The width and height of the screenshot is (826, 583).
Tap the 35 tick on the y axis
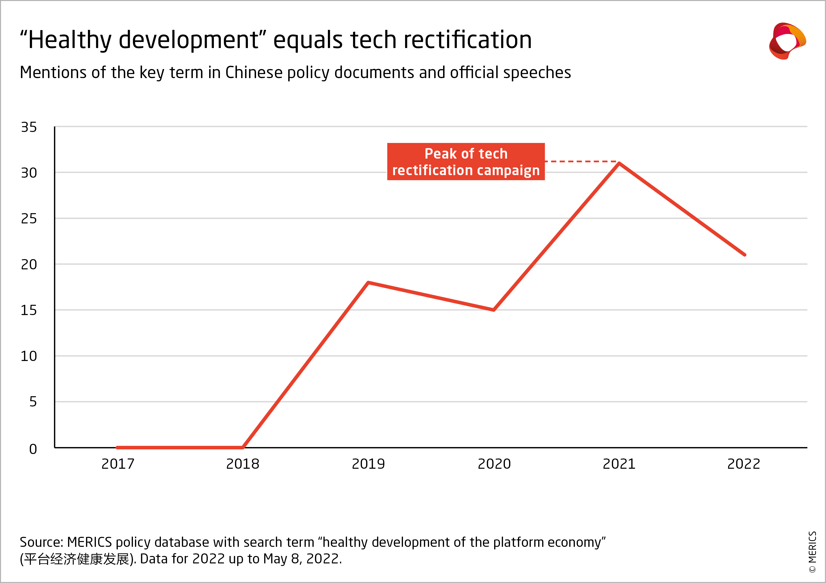29,127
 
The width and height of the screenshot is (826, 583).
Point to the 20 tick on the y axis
29,265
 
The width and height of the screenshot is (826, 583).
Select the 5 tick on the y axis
33,402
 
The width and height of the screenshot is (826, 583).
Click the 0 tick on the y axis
33,449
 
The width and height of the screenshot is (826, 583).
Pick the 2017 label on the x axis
118,464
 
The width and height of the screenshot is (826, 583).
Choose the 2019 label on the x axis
368,464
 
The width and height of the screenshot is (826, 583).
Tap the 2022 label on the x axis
744,464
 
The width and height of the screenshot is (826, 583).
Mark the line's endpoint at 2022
744,255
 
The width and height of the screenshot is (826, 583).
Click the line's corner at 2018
243,448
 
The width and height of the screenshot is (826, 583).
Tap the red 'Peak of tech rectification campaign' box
466,161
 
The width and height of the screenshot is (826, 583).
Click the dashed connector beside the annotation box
581,161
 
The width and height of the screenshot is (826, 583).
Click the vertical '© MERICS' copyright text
812,552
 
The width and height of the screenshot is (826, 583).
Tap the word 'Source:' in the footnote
41,542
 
